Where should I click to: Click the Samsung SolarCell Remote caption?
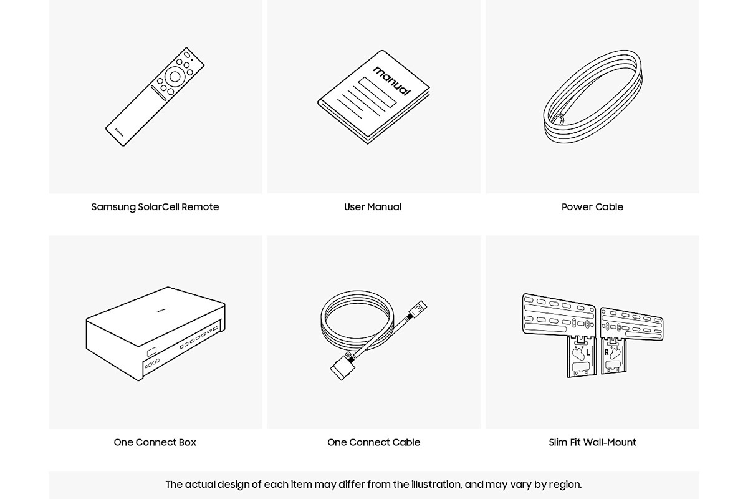click(x=155, y=207)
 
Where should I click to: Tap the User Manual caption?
click(x=373, y=207)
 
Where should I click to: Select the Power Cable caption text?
click(x=592, y=207)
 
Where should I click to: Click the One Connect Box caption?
click(x=155, y=442)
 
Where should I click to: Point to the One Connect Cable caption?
click(x=373, y=442)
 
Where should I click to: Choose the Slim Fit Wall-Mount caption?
click(x=592, y=442)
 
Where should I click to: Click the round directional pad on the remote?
click(x=175, y=77)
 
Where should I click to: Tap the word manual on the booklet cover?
click(x=392, y=81)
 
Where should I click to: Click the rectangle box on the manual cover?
click(x=377, y=92)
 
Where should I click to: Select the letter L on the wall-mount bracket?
click(x=588, y=352)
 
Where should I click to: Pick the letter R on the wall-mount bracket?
click(x=607, y=352)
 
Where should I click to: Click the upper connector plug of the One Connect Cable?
click(x=418, y=309)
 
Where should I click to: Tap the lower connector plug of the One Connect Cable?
click(x=343, y=367)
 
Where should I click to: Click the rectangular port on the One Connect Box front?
click(x=151, y=352)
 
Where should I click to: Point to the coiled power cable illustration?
click(x=593, y=97)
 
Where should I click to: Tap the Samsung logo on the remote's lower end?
click(x=119, y=132)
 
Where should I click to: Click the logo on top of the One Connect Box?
click(x=161, y=311)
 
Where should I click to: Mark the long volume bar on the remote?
click(x=158, y=93)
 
